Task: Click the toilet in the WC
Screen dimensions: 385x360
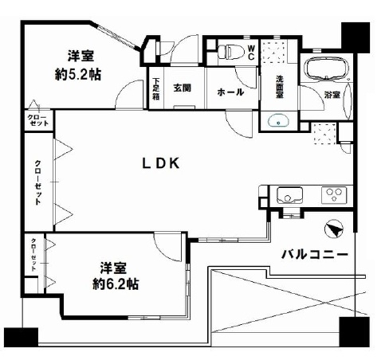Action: [x=230, y=52]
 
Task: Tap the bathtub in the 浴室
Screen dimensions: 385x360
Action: [x=327, y=69]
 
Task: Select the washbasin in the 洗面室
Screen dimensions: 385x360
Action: [x=278, y=121]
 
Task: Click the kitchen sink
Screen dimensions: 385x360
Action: [x=289, y=195]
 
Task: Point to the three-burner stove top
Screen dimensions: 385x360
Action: [x=334, y=195]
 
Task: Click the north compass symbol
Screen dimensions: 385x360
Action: [x=334, y=229]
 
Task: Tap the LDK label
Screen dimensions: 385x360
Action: [x=161, y=163]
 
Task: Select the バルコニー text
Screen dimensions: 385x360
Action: [x=315, y=255]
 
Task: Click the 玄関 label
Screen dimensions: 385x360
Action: [x=182, y=88]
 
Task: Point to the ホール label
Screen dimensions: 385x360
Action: [x=230, y=92]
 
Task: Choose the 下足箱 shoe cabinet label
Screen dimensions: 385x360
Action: [x=156, y=88]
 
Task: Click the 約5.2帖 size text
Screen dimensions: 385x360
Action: [x=78, y=75]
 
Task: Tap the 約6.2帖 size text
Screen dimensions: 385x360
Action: [x=116, y=284]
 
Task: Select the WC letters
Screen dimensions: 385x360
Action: [x=251, y=53]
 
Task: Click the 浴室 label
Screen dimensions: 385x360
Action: [x=332, y=95]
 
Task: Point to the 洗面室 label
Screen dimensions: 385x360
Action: [x=279, y=87]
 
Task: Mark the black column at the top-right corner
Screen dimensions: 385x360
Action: [x=356, y=37]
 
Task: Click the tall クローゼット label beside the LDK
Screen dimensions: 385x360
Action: [x=38, y=182]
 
